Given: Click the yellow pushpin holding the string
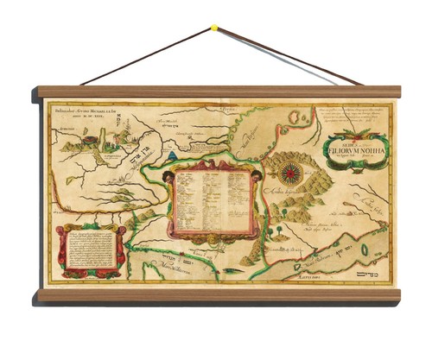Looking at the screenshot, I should [x=213, y=28].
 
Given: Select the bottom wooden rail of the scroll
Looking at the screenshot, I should [x=216, y=294].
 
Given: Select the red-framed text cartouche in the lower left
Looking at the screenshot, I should [x=86, y=251].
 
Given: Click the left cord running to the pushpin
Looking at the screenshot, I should [x=147, y=57].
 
